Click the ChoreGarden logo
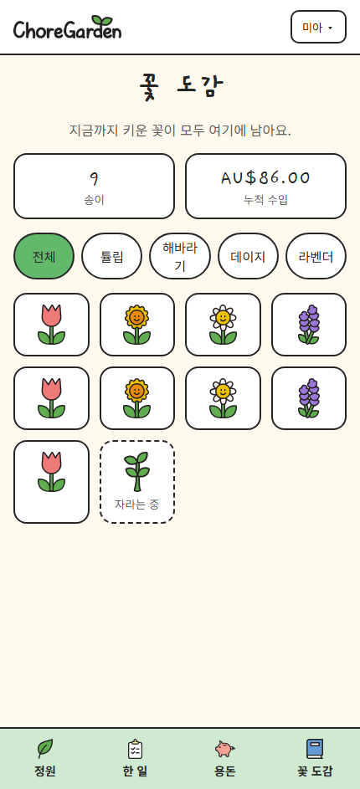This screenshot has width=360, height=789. [68, 28]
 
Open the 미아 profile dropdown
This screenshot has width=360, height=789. [318, 27]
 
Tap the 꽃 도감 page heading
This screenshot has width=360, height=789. [180, 87]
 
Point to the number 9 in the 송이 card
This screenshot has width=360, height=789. [94, 178]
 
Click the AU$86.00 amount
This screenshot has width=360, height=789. [265, 177]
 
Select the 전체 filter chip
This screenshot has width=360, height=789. [44, 256]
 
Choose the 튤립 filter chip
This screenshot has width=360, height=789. [112, 256]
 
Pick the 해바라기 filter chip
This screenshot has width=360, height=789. [180, 256]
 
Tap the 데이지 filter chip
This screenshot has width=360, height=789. [248, 256]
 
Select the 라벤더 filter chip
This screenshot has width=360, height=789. [316, 256]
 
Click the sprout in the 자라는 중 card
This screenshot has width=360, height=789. [137, 471]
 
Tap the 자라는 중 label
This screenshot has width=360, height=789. [137, 505]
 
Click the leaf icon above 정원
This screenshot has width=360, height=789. [45, 748]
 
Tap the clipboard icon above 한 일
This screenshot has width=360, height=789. [135, 748]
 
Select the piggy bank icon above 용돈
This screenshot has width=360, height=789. [224, 749]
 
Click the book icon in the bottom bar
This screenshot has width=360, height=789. [315, 748]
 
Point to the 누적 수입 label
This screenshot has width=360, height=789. [266, 200]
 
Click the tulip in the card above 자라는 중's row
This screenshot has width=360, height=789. [51, 398]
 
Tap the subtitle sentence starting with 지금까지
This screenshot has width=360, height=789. [180, 131]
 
